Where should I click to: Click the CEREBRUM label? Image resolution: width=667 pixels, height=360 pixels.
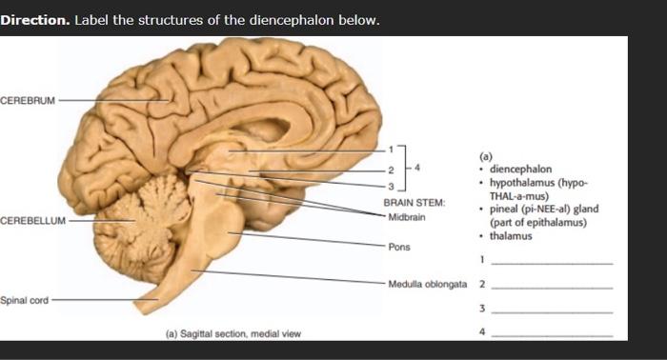(x=28, y=99)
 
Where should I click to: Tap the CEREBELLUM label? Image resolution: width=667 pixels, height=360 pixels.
(x=32, y=220)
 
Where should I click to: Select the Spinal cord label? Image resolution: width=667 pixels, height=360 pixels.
(x=25, y=300)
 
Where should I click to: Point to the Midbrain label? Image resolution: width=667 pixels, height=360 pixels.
(x=406, y=216)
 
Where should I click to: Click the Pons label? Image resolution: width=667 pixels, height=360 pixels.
(x=398, y=246)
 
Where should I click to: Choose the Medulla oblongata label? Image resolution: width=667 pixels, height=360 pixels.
(x=427, y=284)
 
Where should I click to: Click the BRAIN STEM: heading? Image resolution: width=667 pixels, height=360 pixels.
(x=414, y=203)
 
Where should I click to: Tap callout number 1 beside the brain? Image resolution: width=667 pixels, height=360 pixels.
(x=389, y=150)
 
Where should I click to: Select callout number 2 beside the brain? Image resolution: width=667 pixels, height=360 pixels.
(x=389, y=169)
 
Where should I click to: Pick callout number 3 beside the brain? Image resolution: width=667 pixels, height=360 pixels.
(x=389, y=184)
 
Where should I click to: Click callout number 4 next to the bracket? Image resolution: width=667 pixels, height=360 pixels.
(x=417, y=168)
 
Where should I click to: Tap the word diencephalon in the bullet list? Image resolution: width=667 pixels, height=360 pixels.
(x=520, y=169)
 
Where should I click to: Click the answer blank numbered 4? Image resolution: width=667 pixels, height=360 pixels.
(x=553, y=332)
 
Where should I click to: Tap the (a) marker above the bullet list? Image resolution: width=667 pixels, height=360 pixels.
(x=485, y=155)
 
